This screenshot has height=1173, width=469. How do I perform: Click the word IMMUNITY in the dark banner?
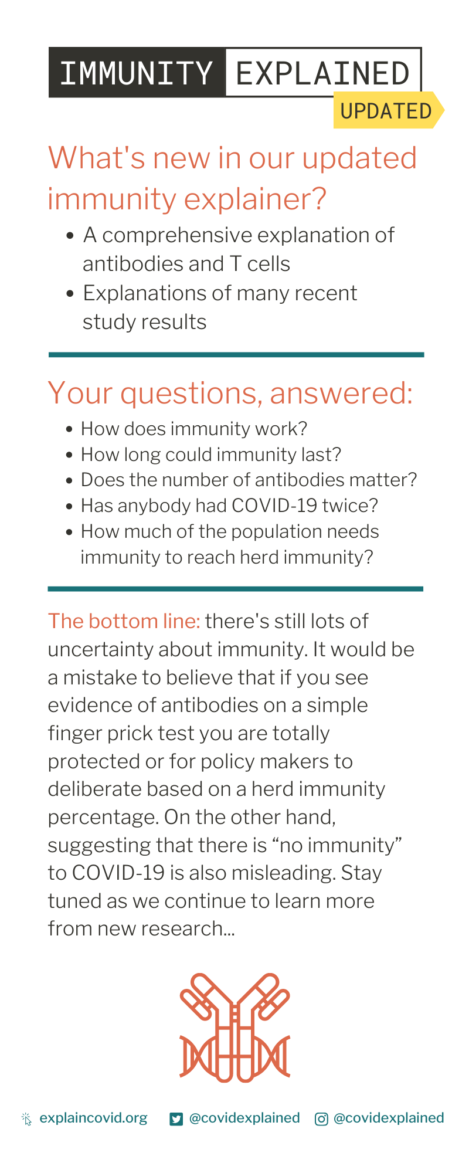click(x=136, y=73)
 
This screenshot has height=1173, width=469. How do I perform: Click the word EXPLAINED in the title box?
click(x=322, y=73)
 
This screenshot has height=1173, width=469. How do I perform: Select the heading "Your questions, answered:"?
click(x=230, y=393)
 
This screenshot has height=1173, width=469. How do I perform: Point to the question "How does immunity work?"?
click(x=194, y=429)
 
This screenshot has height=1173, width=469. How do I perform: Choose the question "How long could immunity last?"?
click(x=211, y=455)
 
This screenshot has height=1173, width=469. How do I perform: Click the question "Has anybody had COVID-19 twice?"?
click(x=230, y=506)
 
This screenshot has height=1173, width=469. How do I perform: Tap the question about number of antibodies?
click(x=249, y=480)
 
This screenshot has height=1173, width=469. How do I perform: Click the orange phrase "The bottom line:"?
click(x=124, y=621)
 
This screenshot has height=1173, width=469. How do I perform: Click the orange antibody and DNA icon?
click(x=235, y=1027)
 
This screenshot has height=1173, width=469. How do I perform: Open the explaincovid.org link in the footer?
click(x=94, y=1118)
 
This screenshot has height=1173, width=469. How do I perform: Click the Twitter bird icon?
click(x=176, y=1119)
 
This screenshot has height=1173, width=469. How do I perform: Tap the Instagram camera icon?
click(x=321, y=1119)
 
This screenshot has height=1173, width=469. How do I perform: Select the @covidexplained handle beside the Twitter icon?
click(x=244, y=1118)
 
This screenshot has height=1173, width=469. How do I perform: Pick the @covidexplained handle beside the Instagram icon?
click(x=389, y=1118)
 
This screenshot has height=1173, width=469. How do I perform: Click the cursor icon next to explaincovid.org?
click(x=26, y=1119)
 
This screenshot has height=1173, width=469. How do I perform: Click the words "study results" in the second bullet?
click(x=145, y=322)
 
